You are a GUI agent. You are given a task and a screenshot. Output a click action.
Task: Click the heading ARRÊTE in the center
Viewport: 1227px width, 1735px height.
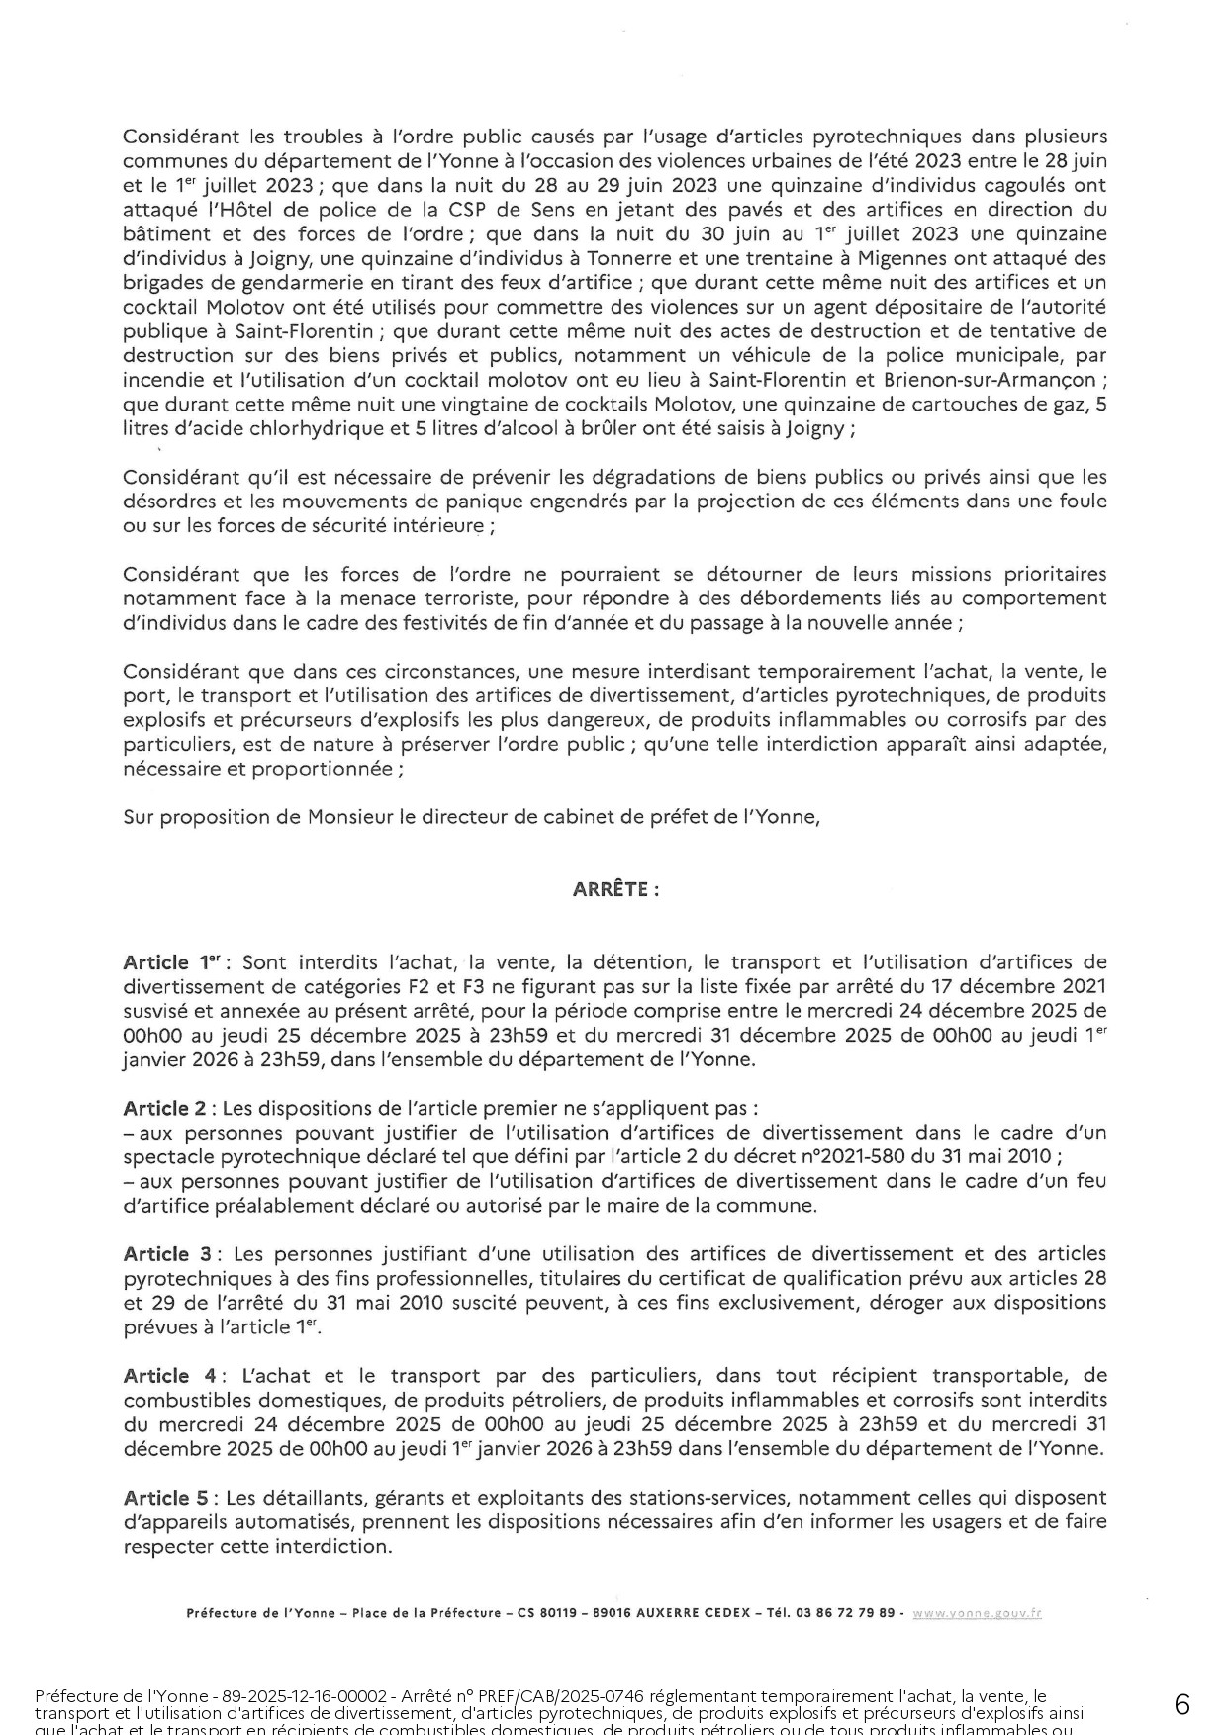[615, 889]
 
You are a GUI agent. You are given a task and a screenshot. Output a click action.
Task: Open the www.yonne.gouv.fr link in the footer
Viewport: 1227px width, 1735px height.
[976, 1613]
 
